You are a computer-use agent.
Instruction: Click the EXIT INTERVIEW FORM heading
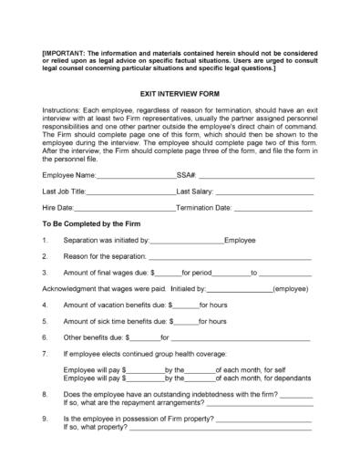click(x=180, y=94)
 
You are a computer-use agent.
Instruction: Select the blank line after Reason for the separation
click(x=234, y=257)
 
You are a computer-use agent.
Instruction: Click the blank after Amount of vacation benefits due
click(x=186, y=305)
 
